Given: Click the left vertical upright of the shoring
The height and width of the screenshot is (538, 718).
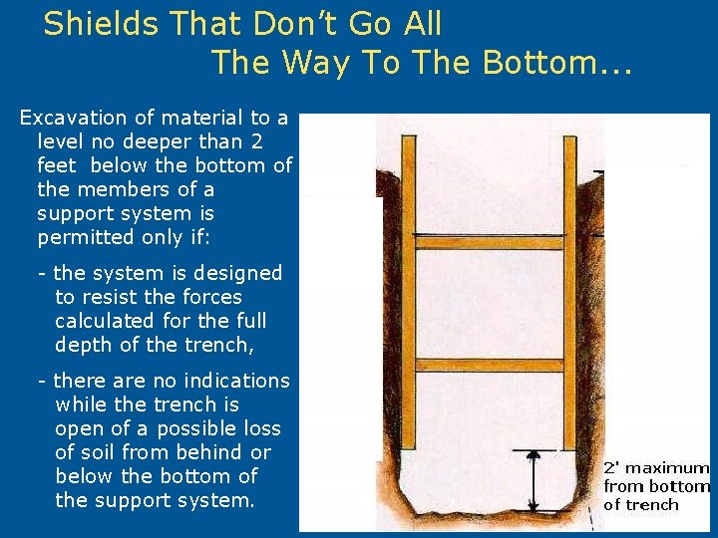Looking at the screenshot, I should tap(407, 299).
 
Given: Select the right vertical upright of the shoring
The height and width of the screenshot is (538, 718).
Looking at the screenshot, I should tap(570, 299).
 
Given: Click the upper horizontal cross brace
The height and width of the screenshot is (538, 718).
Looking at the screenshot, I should tap(489, 242).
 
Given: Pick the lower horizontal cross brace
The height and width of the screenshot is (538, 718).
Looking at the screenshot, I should tap(489, 365).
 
